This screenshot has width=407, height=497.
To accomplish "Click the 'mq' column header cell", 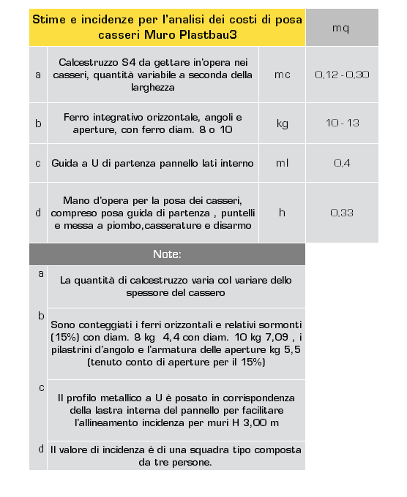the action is point(341,29).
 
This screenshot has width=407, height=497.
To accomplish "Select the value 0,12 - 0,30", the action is point(341,75).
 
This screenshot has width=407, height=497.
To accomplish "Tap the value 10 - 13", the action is point(341,123).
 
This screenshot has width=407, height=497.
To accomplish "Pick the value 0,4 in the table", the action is point(341,162).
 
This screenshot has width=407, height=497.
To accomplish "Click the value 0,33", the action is point(341,213).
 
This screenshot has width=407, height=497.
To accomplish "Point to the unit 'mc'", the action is point(282,75).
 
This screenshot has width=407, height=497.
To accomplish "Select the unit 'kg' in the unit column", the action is point(282,123).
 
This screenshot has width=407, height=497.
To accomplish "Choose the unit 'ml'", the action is point(282,162).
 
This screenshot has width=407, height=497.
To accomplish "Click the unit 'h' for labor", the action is point(282,213).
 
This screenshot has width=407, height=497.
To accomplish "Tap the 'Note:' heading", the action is point(167,254).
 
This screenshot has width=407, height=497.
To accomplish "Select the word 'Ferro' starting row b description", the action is point(78,116).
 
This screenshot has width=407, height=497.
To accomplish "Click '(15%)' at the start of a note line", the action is point(64,337).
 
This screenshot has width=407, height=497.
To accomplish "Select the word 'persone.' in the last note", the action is point(190,462).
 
